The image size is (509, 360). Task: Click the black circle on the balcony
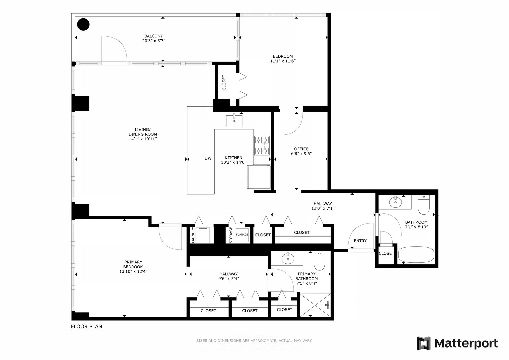point(83,24)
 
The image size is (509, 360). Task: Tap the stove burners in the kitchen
point(262,145)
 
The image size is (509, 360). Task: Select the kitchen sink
point(234,120)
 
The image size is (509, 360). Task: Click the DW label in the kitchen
point(208,158)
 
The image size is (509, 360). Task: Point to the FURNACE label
point(242,235)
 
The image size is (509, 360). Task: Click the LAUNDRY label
point(193,235)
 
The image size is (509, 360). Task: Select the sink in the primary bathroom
point(287,258)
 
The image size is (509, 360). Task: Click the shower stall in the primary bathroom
point(315,304)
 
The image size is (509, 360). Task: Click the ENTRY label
point(360,241)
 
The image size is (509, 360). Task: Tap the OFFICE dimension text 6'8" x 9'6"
point(301,154)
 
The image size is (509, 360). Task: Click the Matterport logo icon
point(424,343)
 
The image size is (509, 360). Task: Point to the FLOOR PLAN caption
point(86,327)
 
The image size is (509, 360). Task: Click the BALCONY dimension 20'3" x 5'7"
point(154,41)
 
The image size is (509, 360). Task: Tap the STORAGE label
point(231,235)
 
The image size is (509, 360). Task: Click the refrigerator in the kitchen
point(259,177)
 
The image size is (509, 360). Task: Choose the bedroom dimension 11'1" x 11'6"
point(283,61)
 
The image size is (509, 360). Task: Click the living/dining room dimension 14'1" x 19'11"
point(143,139)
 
